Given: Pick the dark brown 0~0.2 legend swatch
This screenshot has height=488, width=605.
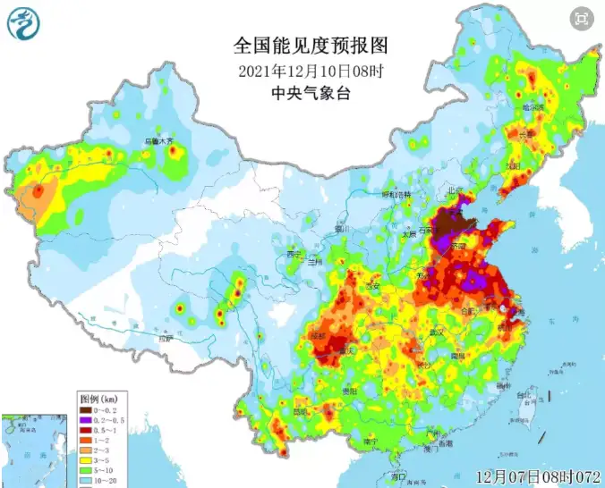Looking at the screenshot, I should (87, 409).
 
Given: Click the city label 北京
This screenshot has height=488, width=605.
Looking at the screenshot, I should (456, 190).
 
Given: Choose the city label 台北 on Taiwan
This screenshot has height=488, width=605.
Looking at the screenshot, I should (528, 394).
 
